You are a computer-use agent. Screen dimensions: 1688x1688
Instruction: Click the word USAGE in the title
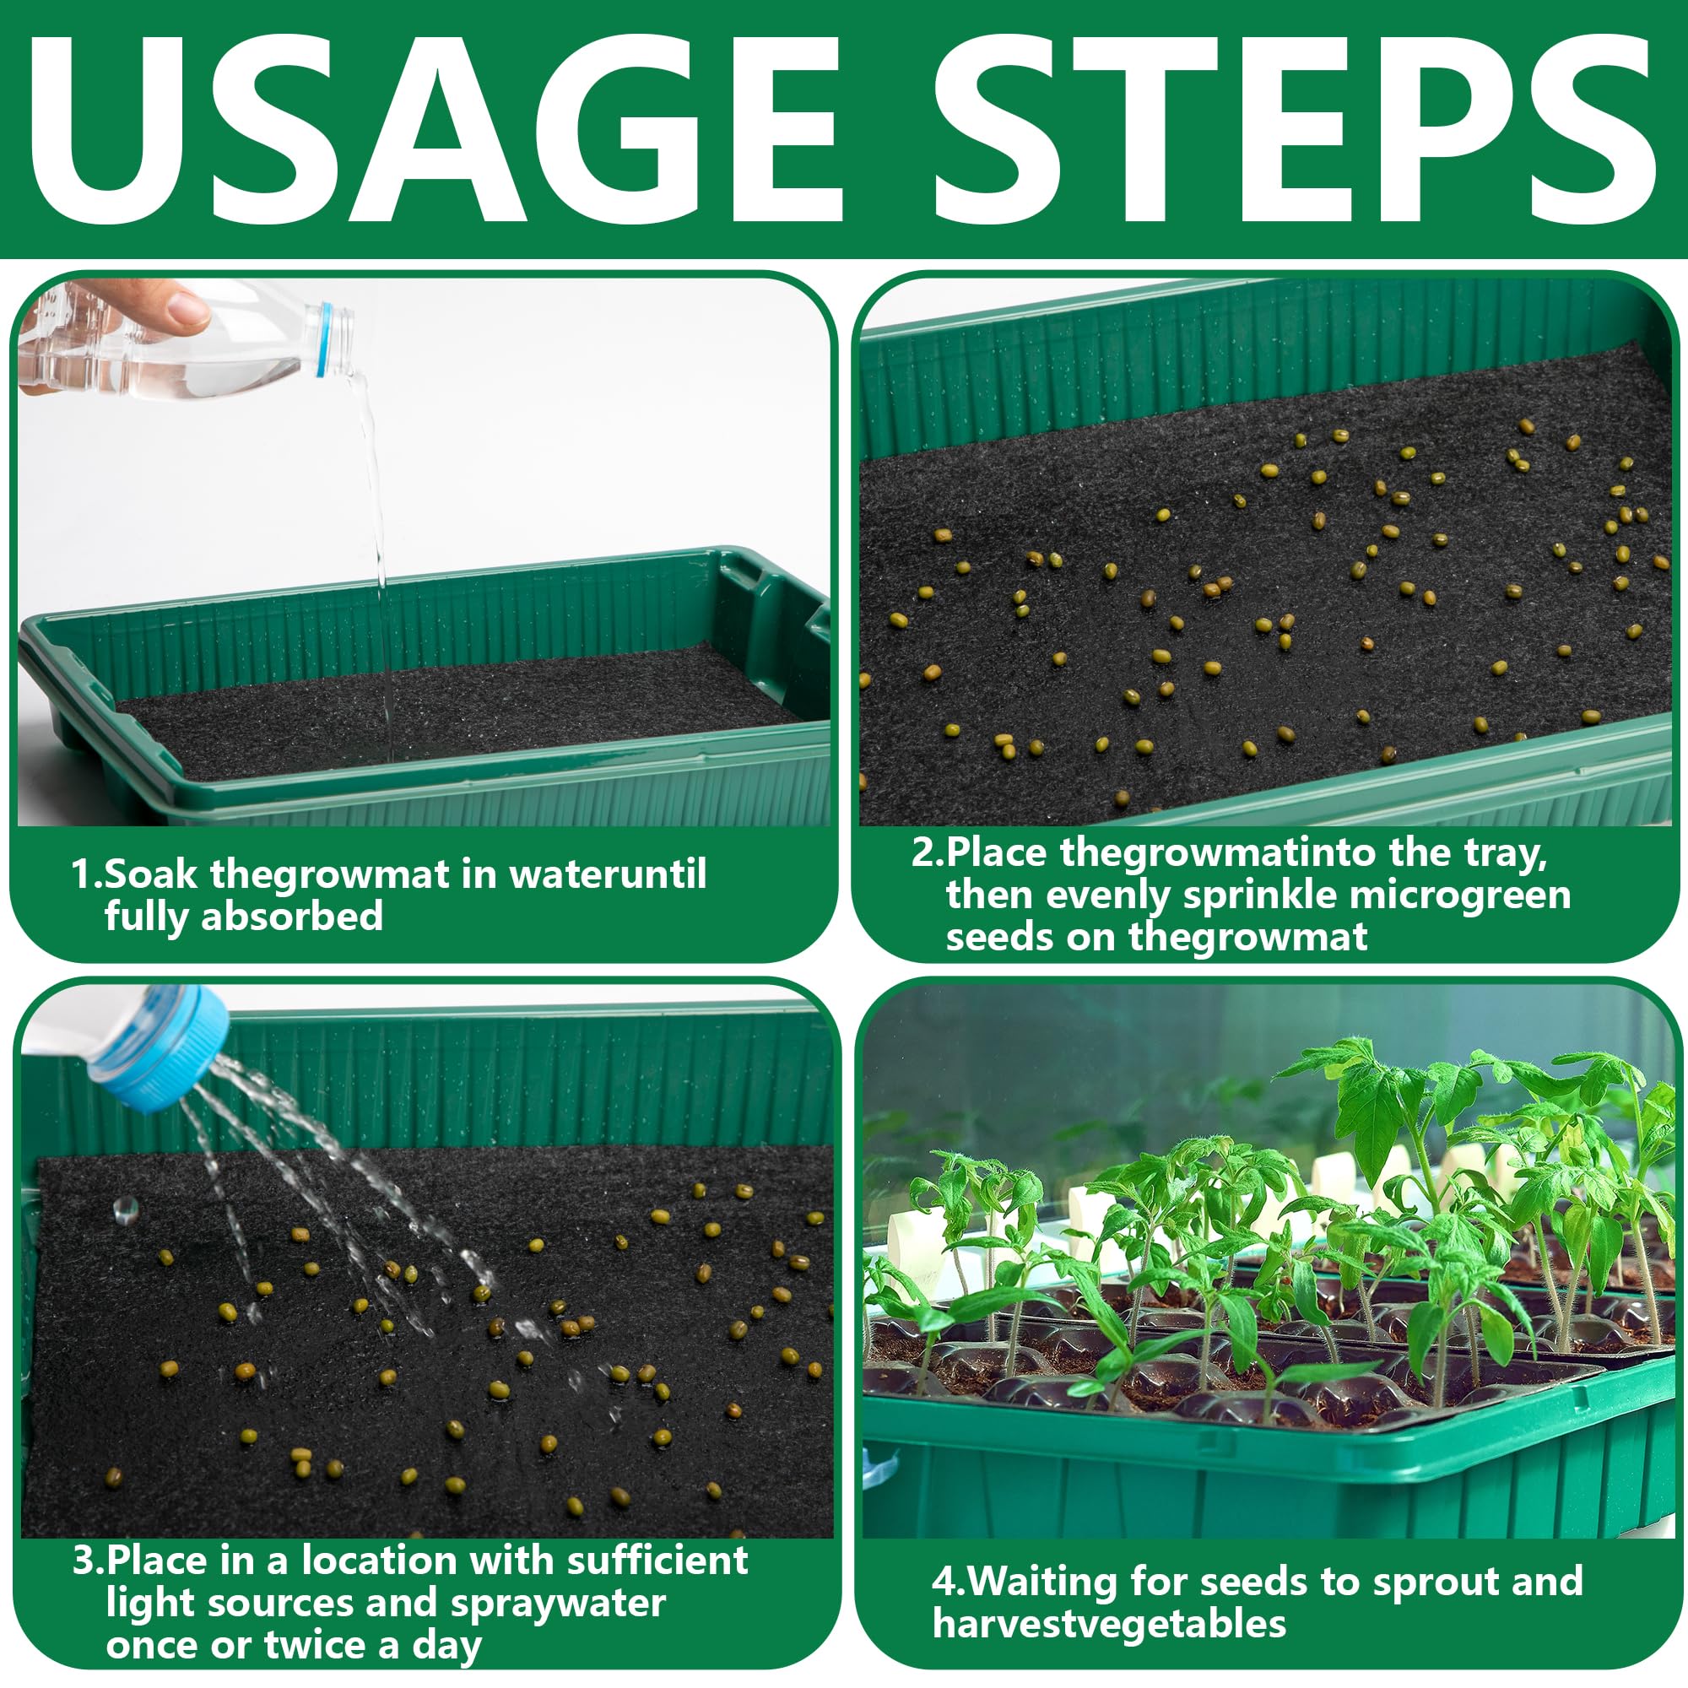click(x=434, y=128)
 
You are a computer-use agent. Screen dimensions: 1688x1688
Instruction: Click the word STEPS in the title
click(x=1296, y=128)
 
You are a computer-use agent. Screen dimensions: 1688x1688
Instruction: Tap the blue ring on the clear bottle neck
click(x=325, y=340)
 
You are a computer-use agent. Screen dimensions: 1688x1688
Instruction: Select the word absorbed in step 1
click(x=292, y=917)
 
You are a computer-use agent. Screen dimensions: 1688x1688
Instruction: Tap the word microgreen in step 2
click(x=1462, y=895)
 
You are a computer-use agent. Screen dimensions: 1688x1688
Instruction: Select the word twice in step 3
click(x=315, y=1645)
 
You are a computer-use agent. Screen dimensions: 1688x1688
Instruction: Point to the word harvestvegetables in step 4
click(x=1110, y=1624)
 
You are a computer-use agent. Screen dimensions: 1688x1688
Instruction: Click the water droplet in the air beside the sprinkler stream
click(x=126, y=1209)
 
